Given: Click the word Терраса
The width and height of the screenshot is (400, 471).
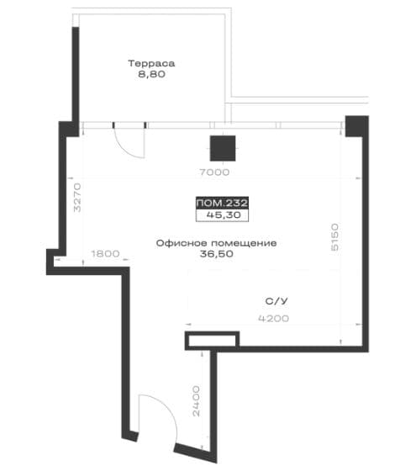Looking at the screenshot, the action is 151,63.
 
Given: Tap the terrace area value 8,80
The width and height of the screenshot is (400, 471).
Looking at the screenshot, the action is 151,74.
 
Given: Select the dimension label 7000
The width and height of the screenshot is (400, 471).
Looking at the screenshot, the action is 214,172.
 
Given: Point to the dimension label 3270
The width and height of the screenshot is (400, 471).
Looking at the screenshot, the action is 77,198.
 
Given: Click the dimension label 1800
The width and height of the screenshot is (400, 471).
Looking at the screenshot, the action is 105,254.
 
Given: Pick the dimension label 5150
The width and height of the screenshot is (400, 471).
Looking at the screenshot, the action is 334,236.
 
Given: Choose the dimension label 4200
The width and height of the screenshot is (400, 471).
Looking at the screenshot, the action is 274,319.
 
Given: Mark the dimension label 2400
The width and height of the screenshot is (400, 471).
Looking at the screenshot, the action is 196,401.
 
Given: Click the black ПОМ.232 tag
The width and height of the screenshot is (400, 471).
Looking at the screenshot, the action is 222,203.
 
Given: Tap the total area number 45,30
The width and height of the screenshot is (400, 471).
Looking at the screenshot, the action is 224,215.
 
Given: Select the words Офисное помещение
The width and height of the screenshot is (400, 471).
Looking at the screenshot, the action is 216,243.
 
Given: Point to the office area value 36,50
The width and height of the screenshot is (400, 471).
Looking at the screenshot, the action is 216,254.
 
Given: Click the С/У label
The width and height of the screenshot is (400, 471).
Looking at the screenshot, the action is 276,301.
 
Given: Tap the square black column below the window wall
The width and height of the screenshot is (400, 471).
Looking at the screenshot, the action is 223,148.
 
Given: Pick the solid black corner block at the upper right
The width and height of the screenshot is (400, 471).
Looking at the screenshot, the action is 357,126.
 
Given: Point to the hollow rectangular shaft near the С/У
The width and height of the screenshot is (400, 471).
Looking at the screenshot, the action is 212,341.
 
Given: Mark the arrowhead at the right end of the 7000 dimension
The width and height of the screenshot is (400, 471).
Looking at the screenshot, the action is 358,178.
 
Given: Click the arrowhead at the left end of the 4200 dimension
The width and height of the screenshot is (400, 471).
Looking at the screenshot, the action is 188,325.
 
